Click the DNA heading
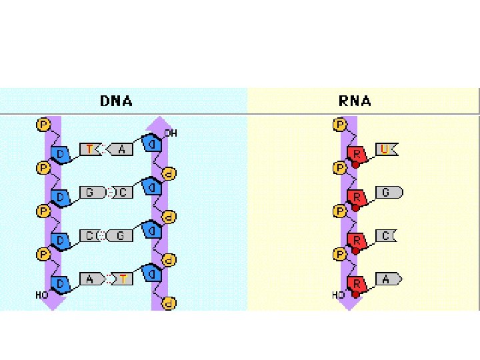pos(116,101)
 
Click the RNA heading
pos(355,101)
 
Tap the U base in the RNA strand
pos(386,150)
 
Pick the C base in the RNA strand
pos(387,235)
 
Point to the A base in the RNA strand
pos(387,279)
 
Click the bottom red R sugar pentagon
pos(357,285)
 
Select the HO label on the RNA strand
pos(339,295)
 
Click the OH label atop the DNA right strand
pos(171,133)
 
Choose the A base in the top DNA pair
pos(121,150)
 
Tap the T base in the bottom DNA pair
pos(121,279)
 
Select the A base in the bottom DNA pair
pos(90,279)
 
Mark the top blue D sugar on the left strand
pos(61,154)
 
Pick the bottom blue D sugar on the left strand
pos(61,285)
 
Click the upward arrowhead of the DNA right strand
pos(159,125)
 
